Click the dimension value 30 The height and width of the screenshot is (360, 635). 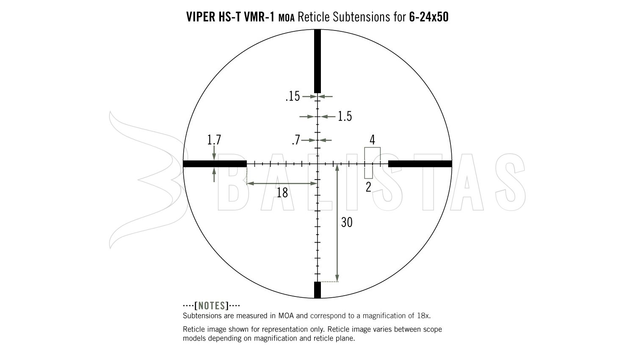346,222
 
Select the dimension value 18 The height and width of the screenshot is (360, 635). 282,193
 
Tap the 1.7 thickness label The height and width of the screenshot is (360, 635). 214,140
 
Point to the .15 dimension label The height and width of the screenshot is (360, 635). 293,97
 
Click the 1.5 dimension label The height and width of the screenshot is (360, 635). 345,116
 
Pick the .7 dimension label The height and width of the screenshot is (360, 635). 296,140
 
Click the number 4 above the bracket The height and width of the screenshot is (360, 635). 372,139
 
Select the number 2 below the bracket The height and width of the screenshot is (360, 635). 368,187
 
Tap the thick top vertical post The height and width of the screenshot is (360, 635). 317,61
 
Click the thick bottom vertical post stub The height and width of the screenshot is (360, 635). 317,290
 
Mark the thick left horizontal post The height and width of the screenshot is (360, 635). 215,164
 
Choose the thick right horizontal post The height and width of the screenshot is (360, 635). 420,164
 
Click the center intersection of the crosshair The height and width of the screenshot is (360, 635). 317,164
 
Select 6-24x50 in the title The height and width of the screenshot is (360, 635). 429,17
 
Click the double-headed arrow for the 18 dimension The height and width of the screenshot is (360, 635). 282,183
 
